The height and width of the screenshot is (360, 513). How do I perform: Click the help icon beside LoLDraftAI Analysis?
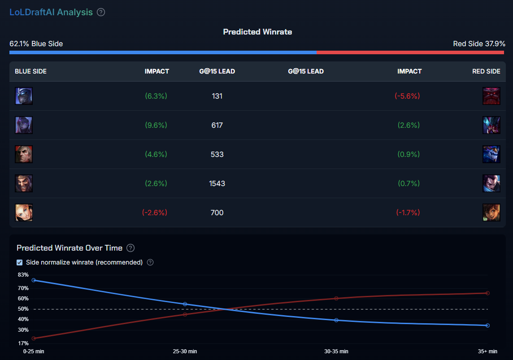click(x=101, y=12)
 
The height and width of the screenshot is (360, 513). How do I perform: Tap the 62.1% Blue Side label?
click(x=36, y=43)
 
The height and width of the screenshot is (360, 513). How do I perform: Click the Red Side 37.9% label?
click(x=479, y=43)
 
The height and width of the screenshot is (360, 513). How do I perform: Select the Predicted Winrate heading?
click(x=257, y=32)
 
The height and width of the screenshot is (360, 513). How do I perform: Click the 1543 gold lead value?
click(x=217, y=183)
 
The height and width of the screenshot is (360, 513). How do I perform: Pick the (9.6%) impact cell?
click(x=156, y=125)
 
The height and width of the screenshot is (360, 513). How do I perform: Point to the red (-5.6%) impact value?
click(x=407, y=96)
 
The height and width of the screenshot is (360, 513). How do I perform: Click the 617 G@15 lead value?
click(x=217, y=125)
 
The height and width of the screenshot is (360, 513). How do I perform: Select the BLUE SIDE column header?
click(x=30, y=71)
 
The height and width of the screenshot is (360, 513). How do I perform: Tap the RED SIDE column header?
click(x=486, y=71)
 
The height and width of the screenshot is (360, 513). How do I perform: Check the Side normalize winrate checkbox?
click(x=20, y=262)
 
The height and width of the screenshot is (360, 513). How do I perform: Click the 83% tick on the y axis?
click(x=23, y=274)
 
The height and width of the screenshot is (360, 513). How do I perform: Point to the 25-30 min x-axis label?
click(x=185, y=351)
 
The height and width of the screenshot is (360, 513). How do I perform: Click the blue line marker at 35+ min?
click(x=487, y=325)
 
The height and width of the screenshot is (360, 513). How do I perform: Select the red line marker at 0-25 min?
click(x=34, y=338)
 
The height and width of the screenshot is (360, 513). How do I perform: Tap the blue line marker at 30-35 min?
click(x=336, y=320)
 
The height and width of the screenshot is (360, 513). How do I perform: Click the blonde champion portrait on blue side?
click(x=24, y=213)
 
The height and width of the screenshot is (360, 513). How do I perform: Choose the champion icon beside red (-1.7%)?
click(x=491, y=213)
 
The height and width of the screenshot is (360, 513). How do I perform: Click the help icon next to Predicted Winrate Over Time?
click(x=130, y=248)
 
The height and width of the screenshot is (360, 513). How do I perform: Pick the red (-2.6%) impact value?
click(x=154, y=213)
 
